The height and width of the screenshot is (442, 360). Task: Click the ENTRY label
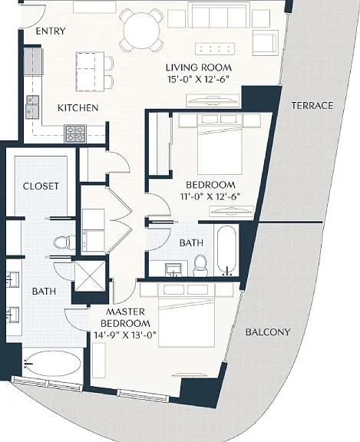[x=51, y=31]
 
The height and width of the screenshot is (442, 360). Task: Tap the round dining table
[x=142, y=31]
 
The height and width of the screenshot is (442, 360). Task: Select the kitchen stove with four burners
[x=75, y=134]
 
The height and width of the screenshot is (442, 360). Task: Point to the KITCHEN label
[x=78, y=107]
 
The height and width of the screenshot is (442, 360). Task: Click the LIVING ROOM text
[x=199, y=68]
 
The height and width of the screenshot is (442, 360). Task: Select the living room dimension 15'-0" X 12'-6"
[x=197, y=80]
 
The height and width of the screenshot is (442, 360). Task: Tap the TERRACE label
[x=312, y=106]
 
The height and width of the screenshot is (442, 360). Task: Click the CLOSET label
[x=41, y=186]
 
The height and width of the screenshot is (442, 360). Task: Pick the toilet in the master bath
[x=64, y=242]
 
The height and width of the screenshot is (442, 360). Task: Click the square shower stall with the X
[x=90, y=276]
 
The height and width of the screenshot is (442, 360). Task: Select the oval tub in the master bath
[x=52, y=364]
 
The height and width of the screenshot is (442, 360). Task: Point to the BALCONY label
[x=268, y=332]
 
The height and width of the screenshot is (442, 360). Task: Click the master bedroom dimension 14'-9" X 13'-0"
[x=125, y=335]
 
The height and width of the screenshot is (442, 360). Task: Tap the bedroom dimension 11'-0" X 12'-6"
[x=210, y=196]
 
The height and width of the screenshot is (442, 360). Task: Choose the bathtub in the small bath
[x=226, y=250]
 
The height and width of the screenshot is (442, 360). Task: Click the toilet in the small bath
[x=200, y=265]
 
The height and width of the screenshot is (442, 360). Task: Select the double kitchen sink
[x=33, y=107]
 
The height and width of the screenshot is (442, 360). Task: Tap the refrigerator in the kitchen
[x=33, y=61]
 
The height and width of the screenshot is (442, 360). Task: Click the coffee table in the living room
[x=215, y=49]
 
